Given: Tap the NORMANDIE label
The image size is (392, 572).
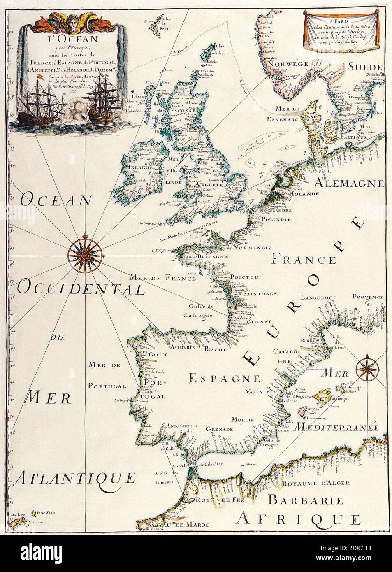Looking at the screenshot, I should coord(251,248).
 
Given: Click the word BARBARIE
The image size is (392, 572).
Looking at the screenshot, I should coord(305,500).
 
